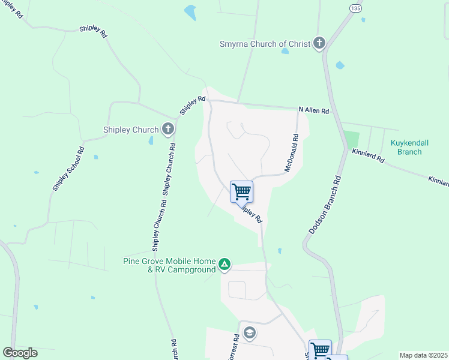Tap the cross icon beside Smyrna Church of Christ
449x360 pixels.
tap(319, 43)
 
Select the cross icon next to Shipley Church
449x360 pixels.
tap(168, 129)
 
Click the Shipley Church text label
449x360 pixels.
tap(131, 130)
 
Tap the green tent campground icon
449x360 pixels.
tap(224, 265)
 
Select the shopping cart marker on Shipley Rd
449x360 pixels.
tap(241, 192)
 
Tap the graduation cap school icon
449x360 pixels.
tap(250, 333)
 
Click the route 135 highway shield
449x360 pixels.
tap(355, 8)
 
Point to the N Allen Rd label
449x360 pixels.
tap(314, 111)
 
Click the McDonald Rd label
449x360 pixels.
tap(292, 153)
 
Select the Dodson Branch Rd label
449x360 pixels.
tap(324, 205)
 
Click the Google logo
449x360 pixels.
tap(20, 353)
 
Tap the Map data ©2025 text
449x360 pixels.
tap(423, 355)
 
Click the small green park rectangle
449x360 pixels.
tap(351, 139)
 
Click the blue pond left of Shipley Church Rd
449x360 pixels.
tap(151, 141)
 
